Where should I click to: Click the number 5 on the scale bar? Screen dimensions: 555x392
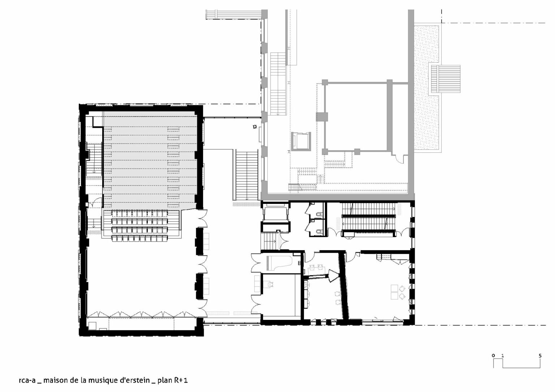[540, 356]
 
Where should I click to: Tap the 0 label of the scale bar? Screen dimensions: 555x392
[493, 356]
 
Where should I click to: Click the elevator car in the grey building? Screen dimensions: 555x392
[301, 141]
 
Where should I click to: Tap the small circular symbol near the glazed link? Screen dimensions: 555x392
[254, 127]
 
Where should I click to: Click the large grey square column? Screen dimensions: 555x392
[322, 117]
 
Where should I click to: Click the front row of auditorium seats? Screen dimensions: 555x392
[140, 213]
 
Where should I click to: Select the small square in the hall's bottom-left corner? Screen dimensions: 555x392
[92, 326]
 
